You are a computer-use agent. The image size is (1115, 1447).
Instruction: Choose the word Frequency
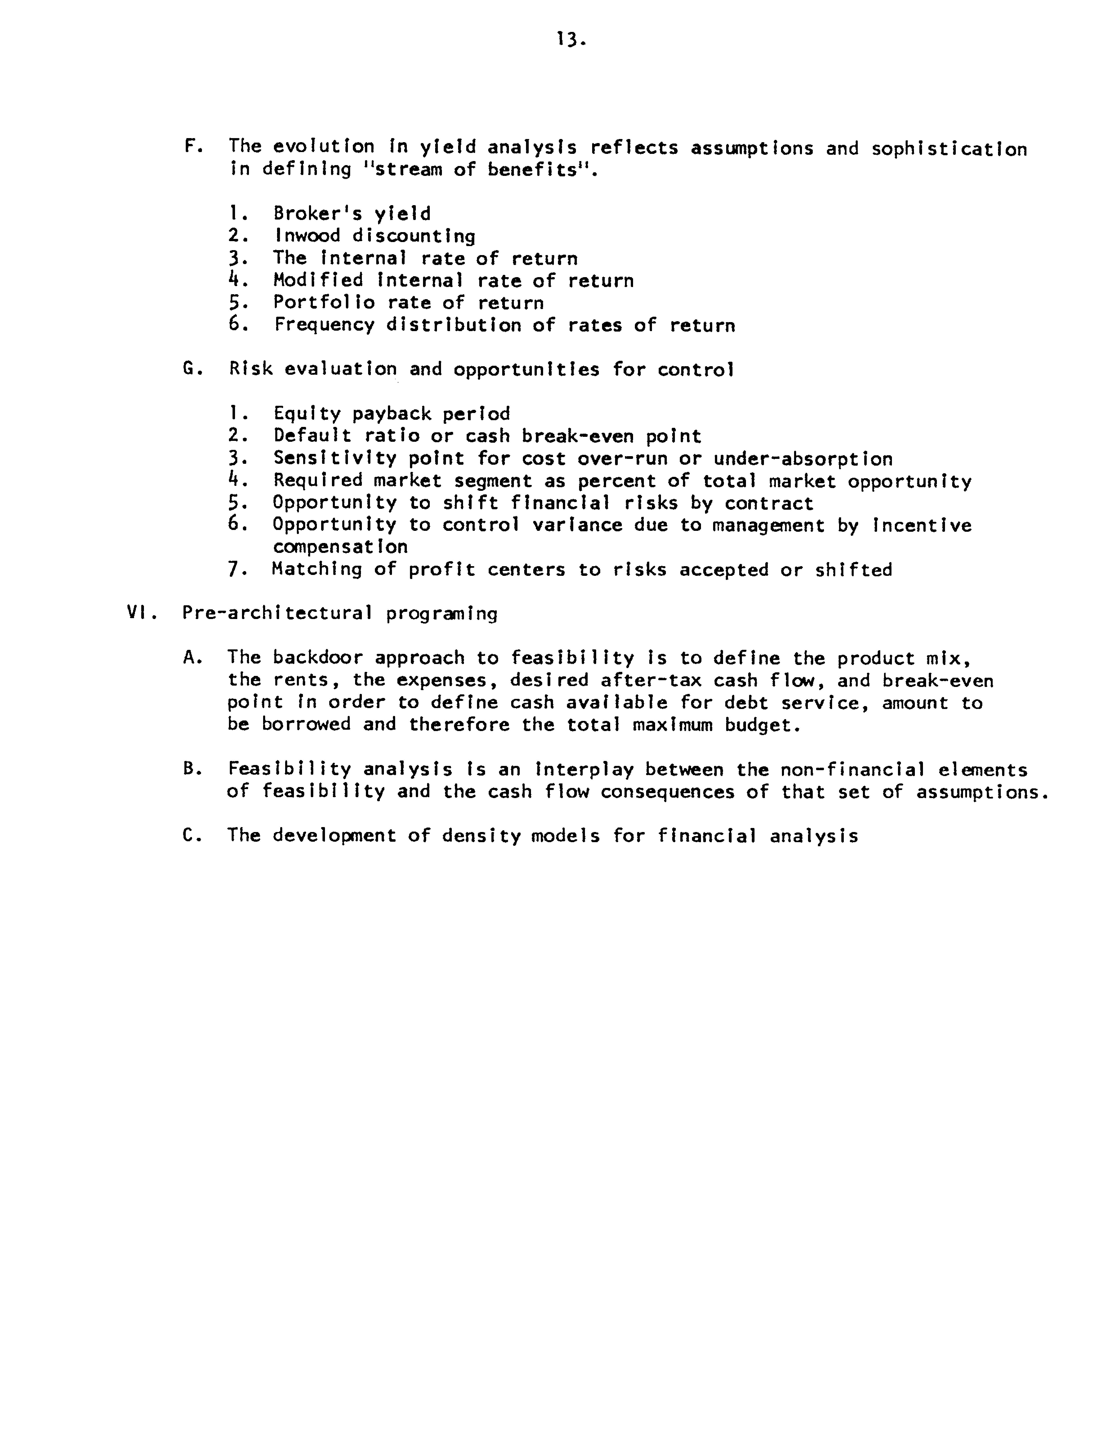click(324, 325)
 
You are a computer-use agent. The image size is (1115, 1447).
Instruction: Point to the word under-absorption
click(803, 458)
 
